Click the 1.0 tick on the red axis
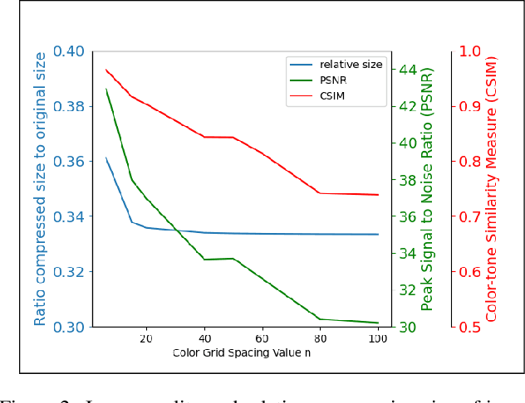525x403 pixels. coord(470,51)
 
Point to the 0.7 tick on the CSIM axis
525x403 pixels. coord(470,217)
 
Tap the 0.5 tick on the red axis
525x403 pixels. coord(470,328)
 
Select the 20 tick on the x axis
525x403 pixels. coord(146,338)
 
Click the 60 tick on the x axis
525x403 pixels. coord(262,338)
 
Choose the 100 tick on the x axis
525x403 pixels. coord(378,338)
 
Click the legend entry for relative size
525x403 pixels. coord(351,65)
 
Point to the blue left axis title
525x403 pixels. coord(40,189)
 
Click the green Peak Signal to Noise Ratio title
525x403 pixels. coord(427,189)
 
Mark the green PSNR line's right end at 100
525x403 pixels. coord(378,323)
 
